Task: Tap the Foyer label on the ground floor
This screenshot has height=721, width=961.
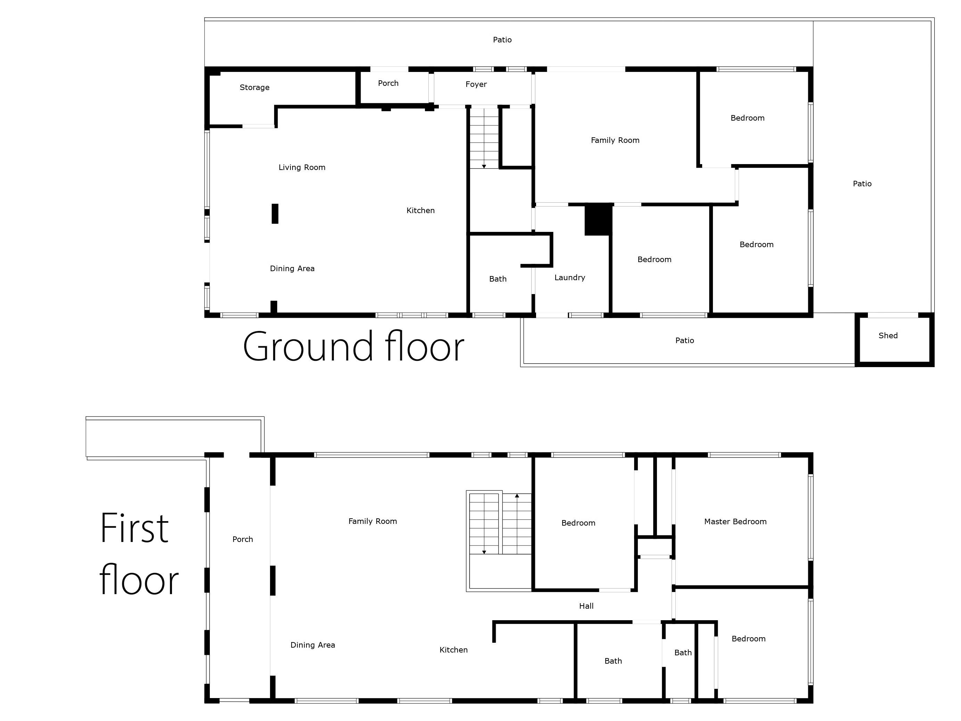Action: click(x=476, y=84)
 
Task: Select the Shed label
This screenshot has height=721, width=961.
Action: click(x=888, y=335)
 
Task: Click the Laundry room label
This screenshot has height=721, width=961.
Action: click(x=569, y=278)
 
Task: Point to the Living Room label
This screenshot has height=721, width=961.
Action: click(x=302, y=167)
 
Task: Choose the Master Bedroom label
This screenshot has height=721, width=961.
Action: click(x=735, y=521)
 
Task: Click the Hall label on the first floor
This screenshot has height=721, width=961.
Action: click(x=586, y=606)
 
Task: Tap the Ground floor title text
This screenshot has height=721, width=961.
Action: click(x=353, y=346)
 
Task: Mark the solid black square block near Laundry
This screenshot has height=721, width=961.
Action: click(x=598, y=219)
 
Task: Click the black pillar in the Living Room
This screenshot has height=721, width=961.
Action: click(x=275, y=214)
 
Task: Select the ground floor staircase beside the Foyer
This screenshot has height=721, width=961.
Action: click(x=484, y=138)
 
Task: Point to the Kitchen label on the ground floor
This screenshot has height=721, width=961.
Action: click(x=420, y=211)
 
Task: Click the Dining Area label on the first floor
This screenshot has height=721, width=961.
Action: click(x=313, y=645)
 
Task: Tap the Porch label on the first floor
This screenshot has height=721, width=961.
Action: click(x=243, y=539)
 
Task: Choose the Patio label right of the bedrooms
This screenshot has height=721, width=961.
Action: click(x=862, y=184)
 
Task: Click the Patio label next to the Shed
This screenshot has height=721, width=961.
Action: click(x=685, y=341)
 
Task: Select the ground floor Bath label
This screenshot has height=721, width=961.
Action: click(x=498, y=279)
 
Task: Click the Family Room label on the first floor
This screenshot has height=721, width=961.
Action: click(x=373, y=521)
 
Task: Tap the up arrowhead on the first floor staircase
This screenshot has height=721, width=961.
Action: click(x=517, y=495)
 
